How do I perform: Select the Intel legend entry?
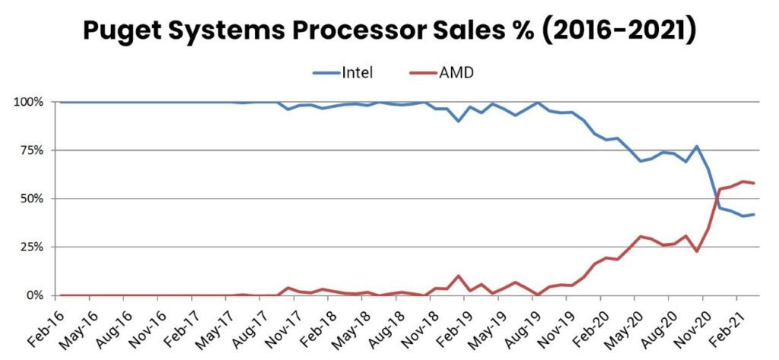357,73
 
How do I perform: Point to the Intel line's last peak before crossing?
696,146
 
